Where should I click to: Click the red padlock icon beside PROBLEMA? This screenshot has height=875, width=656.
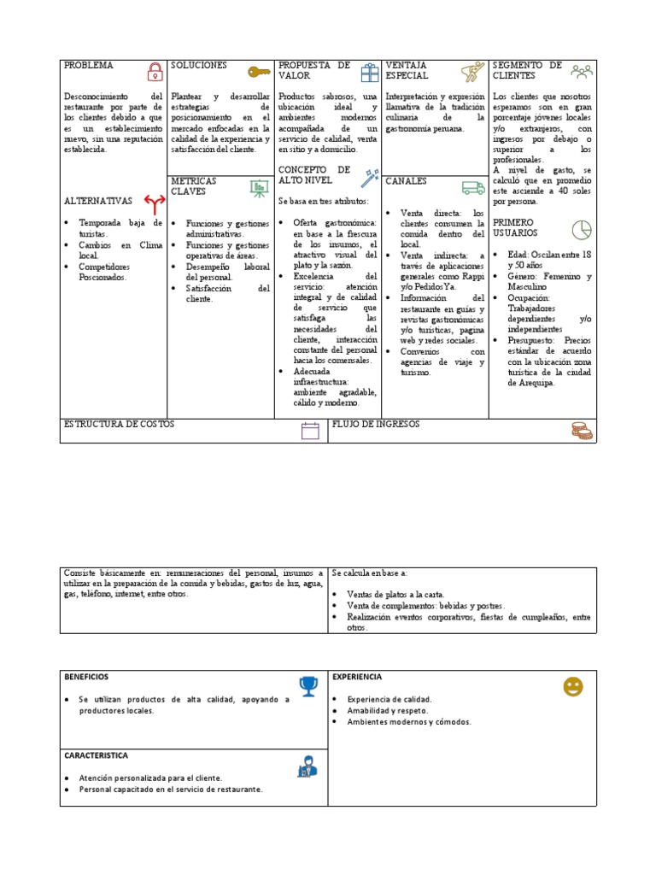[155, 71]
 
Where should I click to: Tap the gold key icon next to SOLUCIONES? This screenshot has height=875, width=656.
[259, 72]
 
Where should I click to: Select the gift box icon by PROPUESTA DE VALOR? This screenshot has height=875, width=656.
[368, 72]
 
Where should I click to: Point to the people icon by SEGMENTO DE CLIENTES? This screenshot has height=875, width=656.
[582, 71]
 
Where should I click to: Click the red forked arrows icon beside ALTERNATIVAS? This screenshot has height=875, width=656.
[154, 203]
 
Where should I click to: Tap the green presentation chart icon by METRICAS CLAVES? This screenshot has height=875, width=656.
[259, 187]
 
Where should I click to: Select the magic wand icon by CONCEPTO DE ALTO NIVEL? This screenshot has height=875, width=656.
[369, 177]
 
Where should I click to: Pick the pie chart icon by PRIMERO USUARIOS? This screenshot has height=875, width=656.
[582, 230]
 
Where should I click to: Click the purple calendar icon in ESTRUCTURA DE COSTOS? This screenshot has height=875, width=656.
[310, 431]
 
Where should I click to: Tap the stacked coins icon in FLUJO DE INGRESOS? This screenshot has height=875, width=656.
[582, 431]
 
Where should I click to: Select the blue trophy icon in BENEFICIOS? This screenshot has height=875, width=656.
[307, 685]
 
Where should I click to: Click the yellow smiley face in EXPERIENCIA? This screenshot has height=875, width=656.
[572, 686]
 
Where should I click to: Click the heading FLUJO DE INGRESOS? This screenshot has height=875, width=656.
[376, 425]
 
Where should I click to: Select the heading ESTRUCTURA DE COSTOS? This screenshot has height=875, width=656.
[120, 425]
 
